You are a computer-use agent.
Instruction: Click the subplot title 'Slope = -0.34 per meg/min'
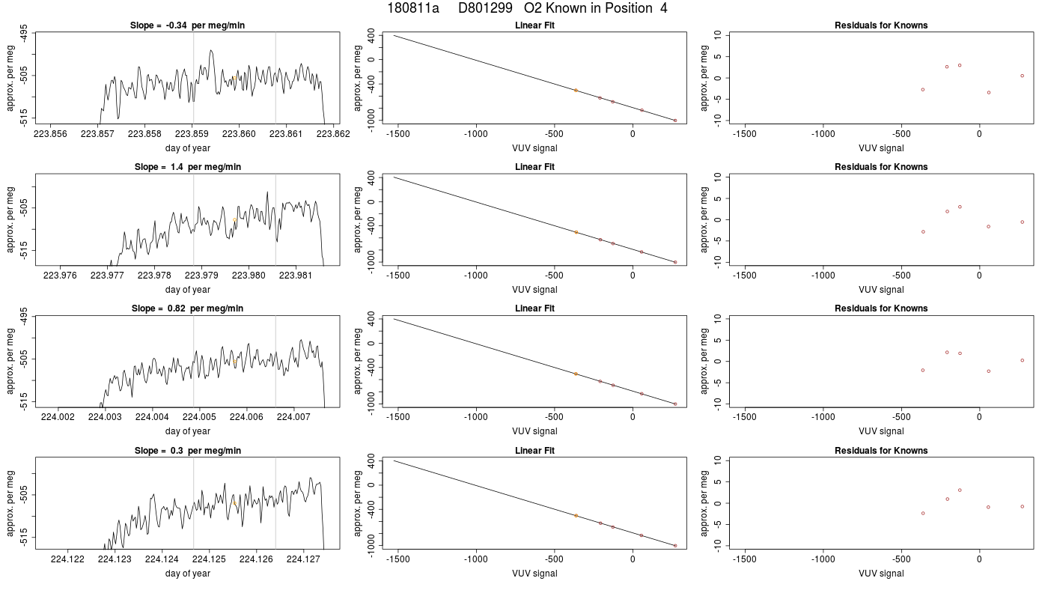187,25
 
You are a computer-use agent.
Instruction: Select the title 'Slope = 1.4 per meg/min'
187,167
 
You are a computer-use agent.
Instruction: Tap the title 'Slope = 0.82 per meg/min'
187,308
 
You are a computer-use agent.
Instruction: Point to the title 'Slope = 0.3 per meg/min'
187,451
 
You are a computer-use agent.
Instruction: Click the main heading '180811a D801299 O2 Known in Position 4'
527,8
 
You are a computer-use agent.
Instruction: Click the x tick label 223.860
239,134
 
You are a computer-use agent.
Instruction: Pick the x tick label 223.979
201,276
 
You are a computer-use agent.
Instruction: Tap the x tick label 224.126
256,559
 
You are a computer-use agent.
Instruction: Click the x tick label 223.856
51,134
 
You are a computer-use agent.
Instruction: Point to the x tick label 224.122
68,559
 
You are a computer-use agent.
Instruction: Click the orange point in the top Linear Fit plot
576,91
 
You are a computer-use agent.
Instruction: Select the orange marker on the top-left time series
234,78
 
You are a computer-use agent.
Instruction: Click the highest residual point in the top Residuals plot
960,66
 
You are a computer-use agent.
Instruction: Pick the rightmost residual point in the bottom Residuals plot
1023,506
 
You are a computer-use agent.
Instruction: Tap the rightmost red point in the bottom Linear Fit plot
675,546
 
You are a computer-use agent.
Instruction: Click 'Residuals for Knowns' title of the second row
881,167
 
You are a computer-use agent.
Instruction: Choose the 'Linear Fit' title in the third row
534,308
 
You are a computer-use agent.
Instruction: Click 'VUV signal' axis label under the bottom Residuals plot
881,574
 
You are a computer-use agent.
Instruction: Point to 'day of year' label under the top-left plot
188,148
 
